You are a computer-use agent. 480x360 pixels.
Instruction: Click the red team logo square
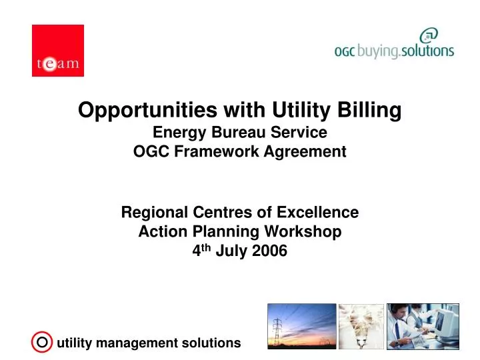pyautogui.click(x=58, y=51)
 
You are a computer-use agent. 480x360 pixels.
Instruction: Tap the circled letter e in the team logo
pyautogui.click(x=49, y=65)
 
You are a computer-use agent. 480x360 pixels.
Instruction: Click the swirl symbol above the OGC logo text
pyautogui.click(x=429, y=35)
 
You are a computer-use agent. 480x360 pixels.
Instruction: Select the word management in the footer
pyautogui.click(x=135, y=343)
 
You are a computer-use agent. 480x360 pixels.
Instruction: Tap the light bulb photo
pyautogui.click(x=361, y=326)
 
